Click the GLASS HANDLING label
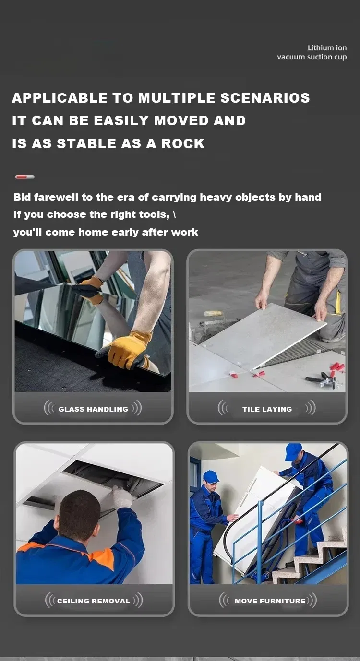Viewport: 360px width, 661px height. [x=93, y=409]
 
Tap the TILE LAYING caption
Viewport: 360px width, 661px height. [x=267, y=409]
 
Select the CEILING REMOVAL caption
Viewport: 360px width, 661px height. [x=93, y=601]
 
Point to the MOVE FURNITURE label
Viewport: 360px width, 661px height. [x=270, y=601]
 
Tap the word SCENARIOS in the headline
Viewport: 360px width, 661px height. [x=265, y=98]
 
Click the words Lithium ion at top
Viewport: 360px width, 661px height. [x=327, y=47]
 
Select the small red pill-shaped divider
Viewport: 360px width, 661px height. [x=24, y=177]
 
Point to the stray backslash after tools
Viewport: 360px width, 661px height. [x=174, y=214]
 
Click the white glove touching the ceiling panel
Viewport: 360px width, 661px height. [x=122, y=497]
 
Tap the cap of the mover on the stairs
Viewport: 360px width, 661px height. [x=293, y=451]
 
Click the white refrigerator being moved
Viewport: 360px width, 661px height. [x=254, y=513]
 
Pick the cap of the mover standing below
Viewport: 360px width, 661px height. [x=211, y=476]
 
